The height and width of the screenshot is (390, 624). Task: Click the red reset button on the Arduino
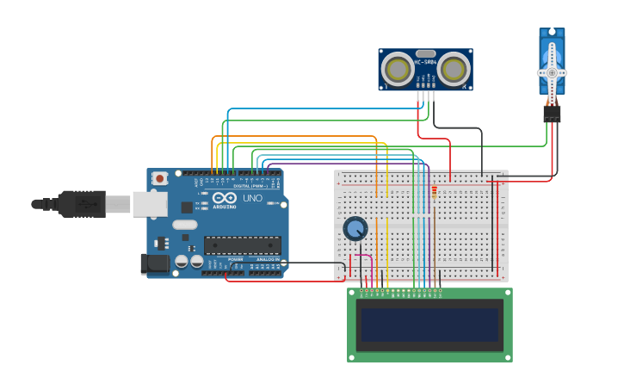(x=159, y=178)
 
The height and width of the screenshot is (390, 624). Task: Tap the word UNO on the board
(x=252, y=198)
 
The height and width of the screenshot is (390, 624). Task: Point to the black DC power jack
(x=155, y=263)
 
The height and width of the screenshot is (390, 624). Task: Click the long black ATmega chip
(x=242, y=245)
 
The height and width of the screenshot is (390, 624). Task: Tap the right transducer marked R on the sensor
(x=454, y=69)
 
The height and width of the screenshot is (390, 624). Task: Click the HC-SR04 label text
(x=425, y=62)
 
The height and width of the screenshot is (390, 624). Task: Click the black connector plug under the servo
(x=552, y=113)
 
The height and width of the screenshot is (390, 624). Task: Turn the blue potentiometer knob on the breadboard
(x=355, y=228)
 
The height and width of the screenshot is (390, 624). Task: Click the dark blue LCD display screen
(x=429, y=325)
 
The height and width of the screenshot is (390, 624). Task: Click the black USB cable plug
(x=82, y=204)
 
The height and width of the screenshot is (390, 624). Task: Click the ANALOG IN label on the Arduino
(x=268, y=259)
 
